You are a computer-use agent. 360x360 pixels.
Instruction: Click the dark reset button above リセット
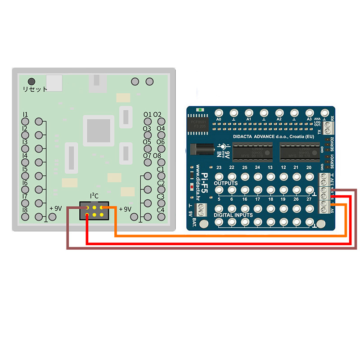point(31,81)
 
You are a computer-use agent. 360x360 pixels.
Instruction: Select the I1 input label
point(26,114)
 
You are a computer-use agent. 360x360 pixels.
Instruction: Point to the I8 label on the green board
point(26,210)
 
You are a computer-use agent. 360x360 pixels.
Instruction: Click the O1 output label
point(147,115)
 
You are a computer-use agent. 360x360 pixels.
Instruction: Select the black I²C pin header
point(94,211)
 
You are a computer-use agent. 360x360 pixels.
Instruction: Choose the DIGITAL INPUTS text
point(233,215)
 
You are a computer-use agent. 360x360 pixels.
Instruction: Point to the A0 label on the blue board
point(219,119)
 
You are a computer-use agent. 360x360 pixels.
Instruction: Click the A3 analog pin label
point(309,119)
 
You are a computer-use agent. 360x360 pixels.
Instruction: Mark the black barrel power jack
point(200,148)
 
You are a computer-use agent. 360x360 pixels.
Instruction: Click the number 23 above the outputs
point(219,167)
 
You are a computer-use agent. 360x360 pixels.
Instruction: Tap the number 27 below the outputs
point(309,198)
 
